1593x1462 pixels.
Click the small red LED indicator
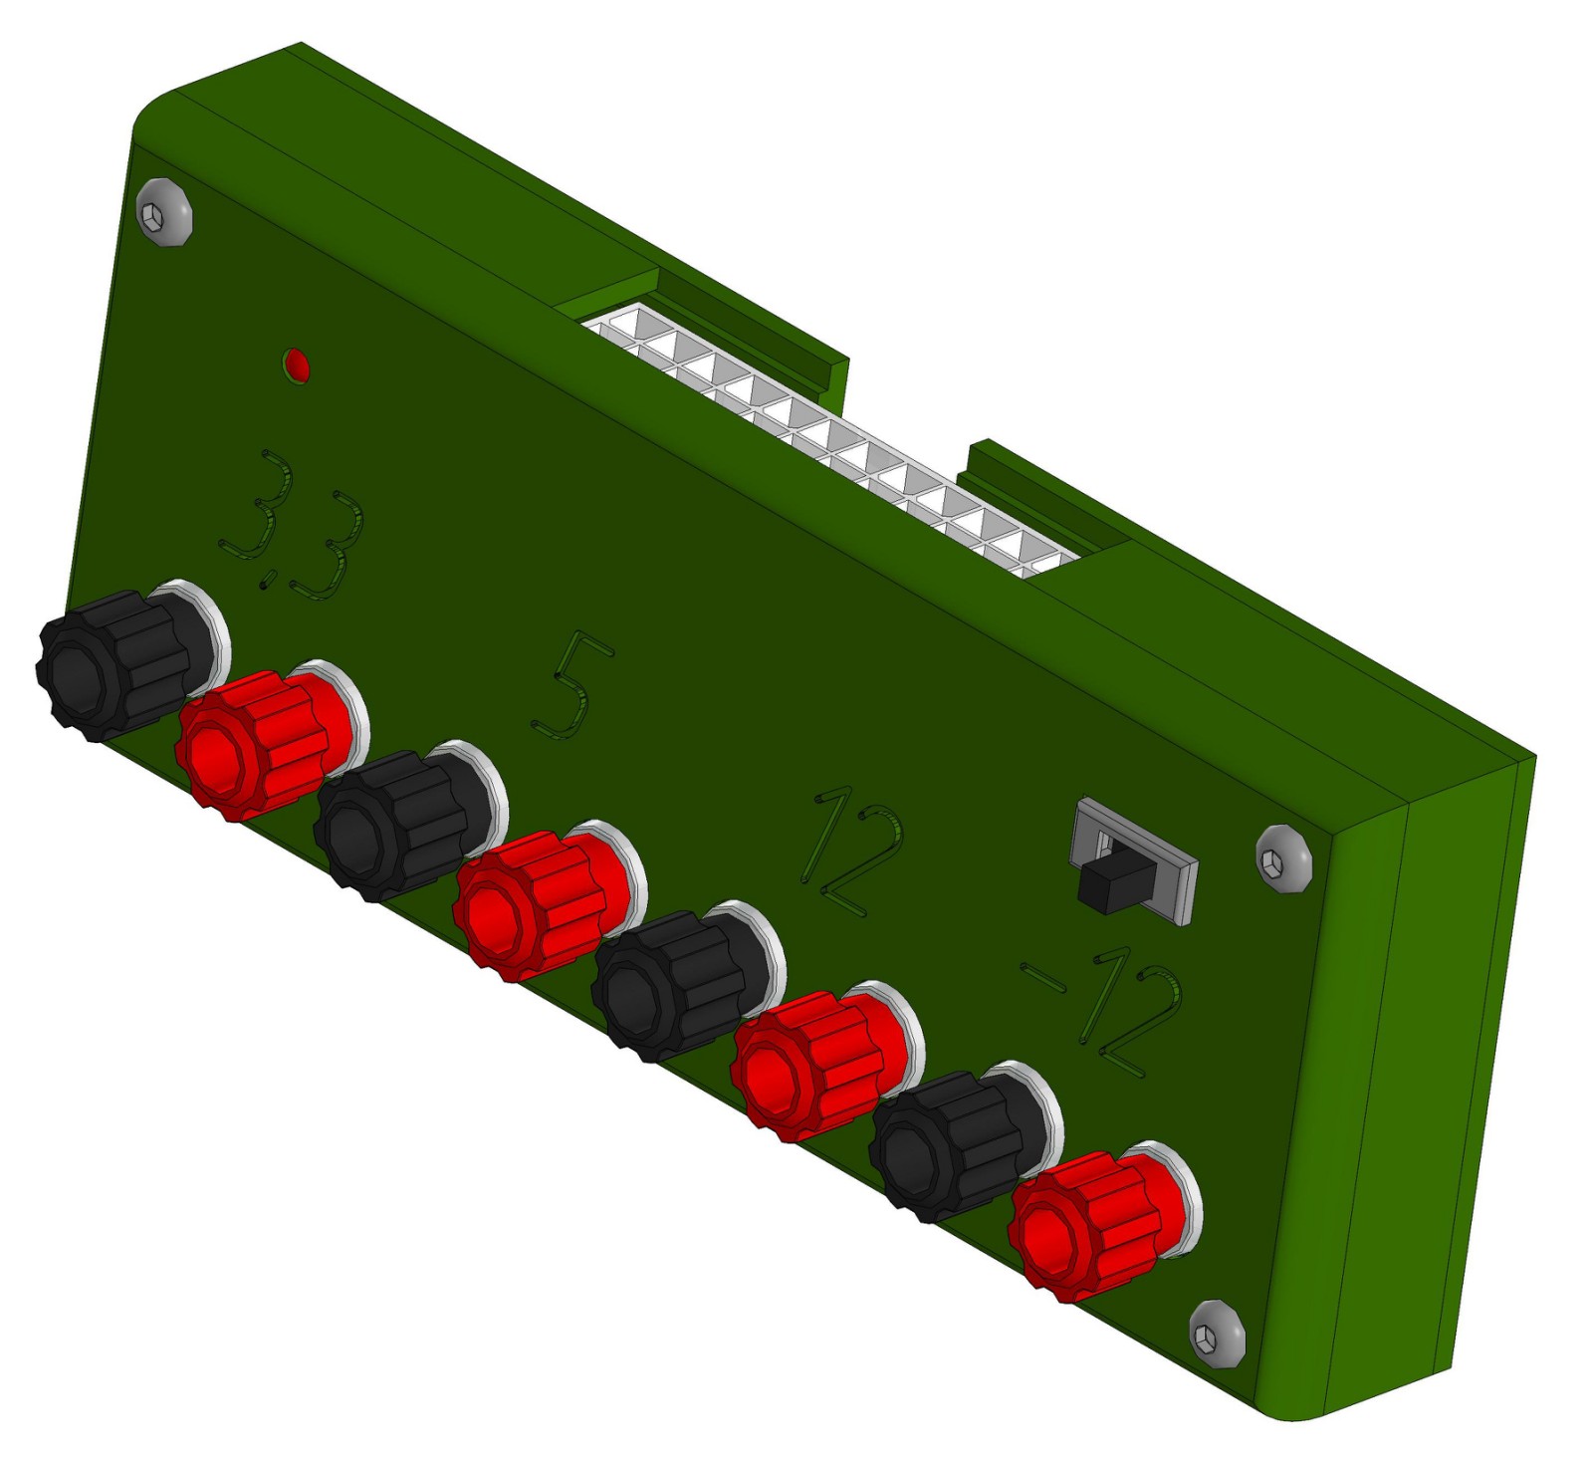(297, 365)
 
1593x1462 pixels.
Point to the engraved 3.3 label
(292, 525)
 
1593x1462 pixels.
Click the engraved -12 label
(1103, 1011)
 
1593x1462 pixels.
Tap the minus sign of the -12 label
(1042, 978)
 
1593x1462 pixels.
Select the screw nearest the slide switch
(1284, 858)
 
